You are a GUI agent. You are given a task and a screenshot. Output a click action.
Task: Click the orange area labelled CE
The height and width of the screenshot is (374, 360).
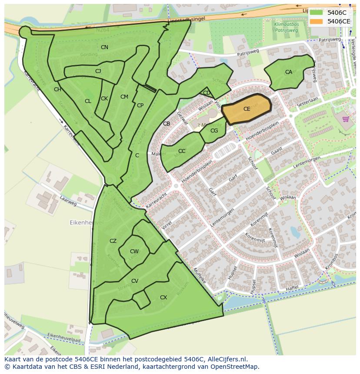247,109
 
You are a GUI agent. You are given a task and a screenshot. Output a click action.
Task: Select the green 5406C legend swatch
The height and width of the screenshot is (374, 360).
316,13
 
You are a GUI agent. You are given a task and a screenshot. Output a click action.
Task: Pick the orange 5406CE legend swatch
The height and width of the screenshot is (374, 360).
316,21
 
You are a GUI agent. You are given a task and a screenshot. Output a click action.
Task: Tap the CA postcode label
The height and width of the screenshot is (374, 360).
289,72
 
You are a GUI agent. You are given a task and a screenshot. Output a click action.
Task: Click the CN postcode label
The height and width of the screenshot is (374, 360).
104,47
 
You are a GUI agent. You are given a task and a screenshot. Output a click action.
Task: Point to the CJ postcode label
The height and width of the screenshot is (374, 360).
98,71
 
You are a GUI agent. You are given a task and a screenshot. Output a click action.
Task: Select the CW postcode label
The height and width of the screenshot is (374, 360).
134,252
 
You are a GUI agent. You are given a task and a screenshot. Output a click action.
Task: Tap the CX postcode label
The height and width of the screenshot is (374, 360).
163,298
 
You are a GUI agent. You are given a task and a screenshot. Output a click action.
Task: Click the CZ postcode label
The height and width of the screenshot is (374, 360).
113,241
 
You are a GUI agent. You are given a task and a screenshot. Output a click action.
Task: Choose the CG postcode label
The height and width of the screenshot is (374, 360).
214,131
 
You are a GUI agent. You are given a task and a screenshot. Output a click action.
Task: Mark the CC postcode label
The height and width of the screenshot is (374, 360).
182,151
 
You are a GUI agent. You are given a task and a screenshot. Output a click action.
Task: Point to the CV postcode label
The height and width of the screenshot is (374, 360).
135,281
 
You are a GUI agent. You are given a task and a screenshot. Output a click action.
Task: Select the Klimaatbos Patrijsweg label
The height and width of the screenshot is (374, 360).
286,28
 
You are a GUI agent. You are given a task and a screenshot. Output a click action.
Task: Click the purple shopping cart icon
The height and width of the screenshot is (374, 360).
346,119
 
